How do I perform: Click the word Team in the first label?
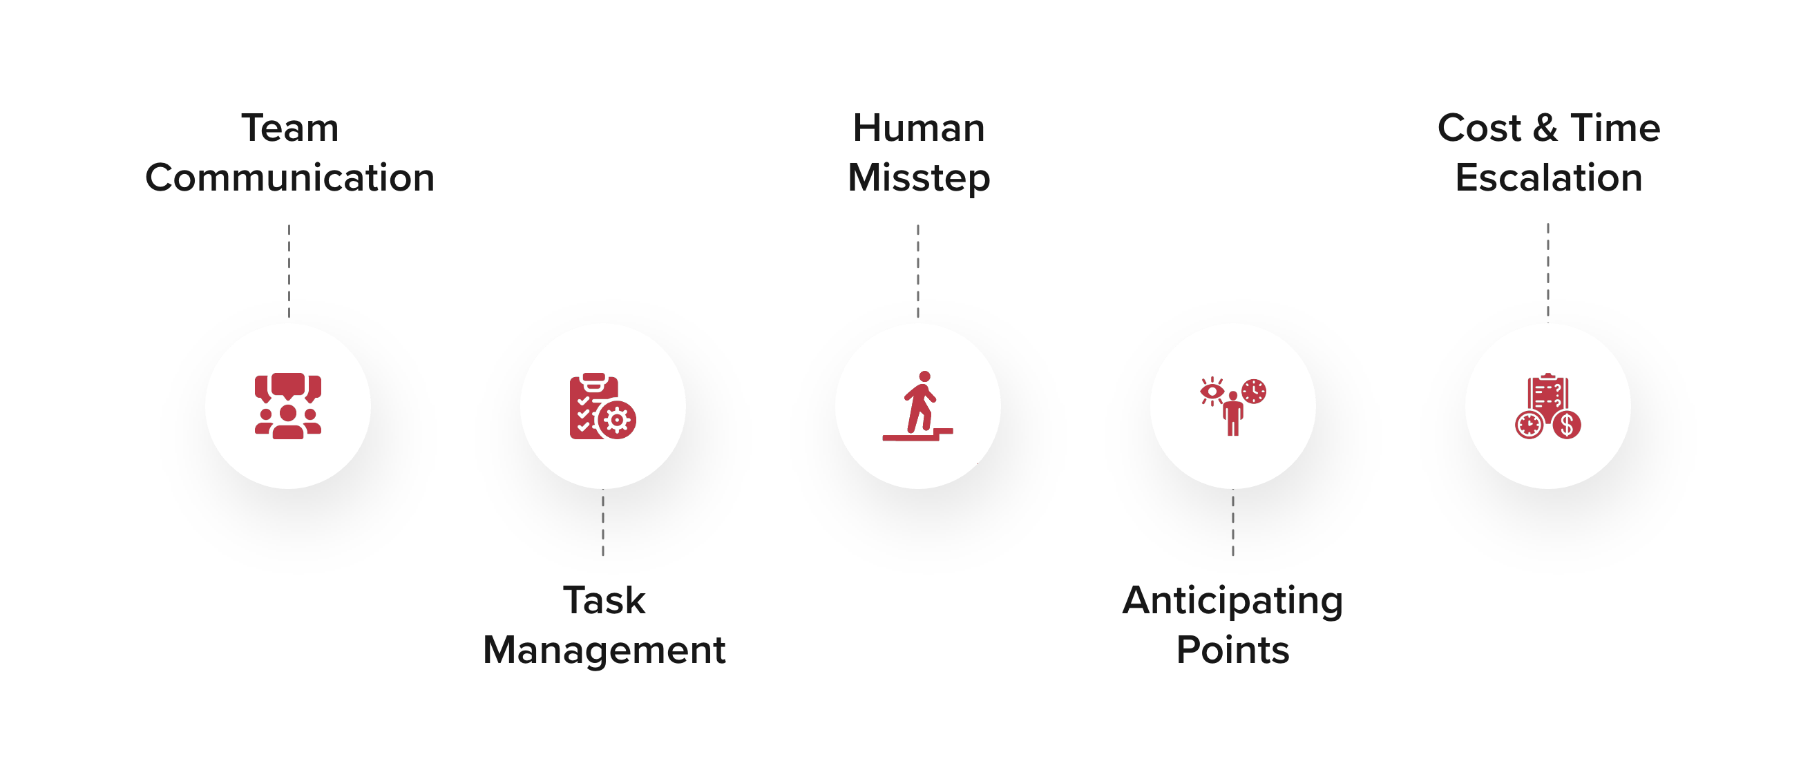pos(289,128)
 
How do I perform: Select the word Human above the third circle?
pos(919,128)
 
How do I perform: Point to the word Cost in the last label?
pos(1478,128)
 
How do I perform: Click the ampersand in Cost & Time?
pos(1546,128)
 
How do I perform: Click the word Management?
pos(604,651)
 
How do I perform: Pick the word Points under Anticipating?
pos(1232,651)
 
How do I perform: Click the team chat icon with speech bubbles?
pos(288,406)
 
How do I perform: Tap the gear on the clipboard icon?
pos(618,420)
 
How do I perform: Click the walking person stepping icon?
pos(918,406)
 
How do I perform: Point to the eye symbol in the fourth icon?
pos(1212,392)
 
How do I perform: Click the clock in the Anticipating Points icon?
pos(1254,392)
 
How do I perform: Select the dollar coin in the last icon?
pos(1567,424)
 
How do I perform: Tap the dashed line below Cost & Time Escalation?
pos(1548,269)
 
